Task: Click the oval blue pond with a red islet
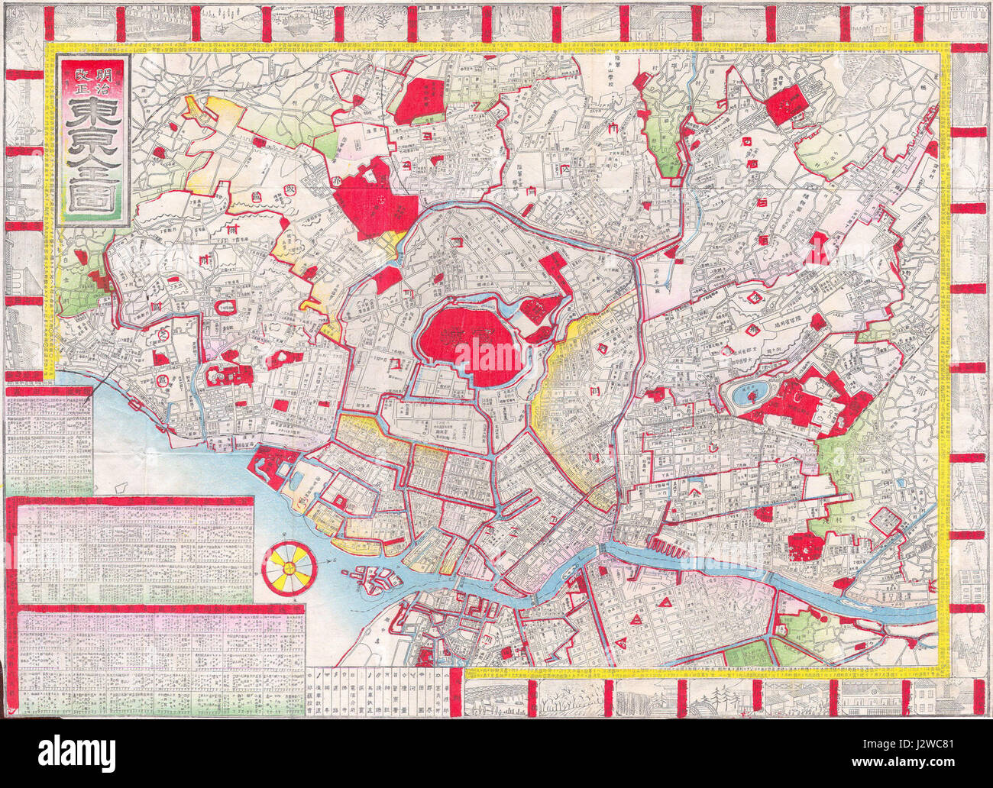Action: click(749, 395)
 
